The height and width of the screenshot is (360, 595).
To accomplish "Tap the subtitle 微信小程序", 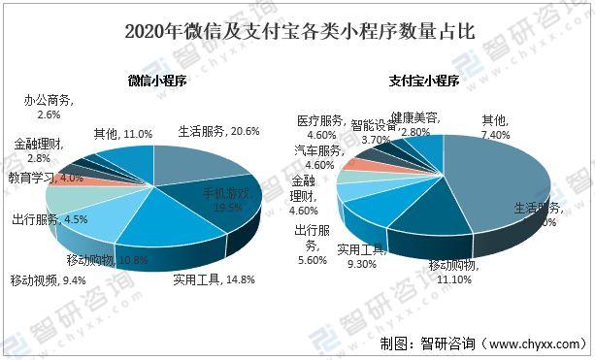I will tap(156, 83).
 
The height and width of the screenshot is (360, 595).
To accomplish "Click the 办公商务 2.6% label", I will tap(48, 107).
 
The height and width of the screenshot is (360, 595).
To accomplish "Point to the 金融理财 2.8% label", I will tap(40, 150).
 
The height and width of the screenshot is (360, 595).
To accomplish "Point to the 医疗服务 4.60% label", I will tap(321, 127).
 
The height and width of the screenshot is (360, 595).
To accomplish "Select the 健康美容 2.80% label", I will tap(407, 123).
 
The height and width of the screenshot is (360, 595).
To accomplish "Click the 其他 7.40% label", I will tap(495, 126).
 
